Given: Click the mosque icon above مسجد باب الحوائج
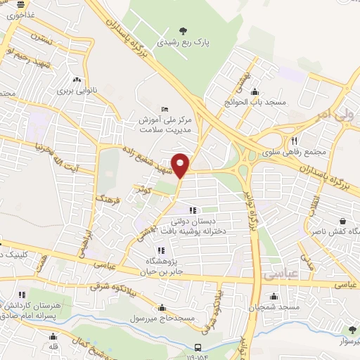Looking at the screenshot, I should pyautogui.click(x=255, y=91).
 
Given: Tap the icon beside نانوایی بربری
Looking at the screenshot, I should pyautogui.click(x=77, y=80).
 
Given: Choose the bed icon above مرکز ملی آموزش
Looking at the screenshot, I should pyautogui.click(x=165, y=108).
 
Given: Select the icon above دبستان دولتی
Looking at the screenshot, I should pyautogui.click(x=193, y=210).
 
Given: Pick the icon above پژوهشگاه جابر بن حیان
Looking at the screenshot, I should pyautogui.click(x=161, y=250).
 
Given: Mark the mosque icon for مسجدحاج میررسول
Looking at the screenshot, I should pyautogui.click(x=163, y=307).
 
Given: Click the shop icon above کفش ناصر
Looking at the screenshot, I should pyautogui.click(x=342, y=220).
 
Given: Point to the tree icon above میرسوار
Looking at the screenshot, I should pyautogui.click(x=352, y=329).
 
